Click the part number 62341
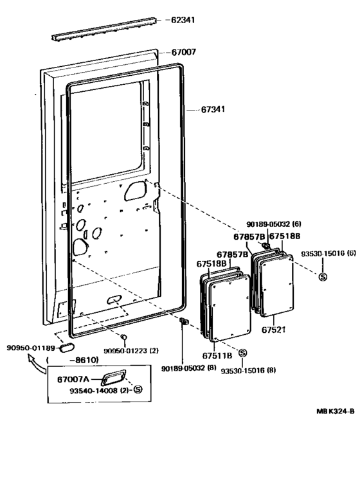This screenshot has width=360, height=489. click(183, 20)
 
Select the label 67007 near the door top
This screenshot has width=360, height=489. click(183, 52)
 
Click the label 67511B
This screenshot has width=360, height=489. click(218, 354)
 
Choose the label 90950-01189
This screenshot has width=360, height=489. click(30, 348)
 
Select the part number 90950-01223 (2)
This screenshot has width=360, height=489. click(130, 351)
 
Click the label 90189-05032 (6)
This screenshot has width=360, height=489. click(273, 225)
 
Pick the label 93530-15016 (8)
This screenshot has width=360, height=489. click(249, 371)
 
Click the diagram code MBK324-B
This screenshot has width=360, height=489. click(334, 412)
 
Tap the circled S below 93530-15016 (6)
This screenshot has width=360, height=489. click(323, 276)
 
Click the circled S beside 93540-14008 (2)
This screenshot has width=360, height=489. click(138, 390)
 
